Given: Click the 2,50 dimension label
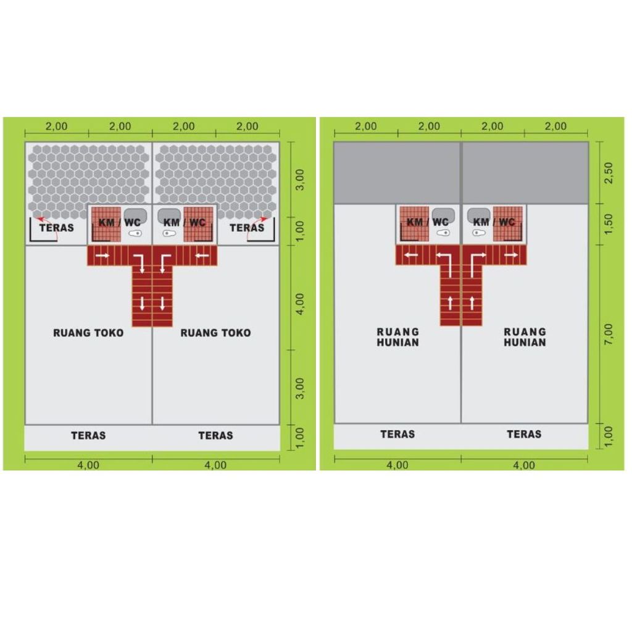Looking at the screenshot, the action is pyautogui.click(x=609, y=173).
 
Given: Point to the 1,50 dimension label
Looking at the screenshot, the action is pyautogui.click(x=609, y=223).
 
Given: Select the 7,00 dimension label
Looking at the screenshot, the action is pyautogui.click(x=609, y=334).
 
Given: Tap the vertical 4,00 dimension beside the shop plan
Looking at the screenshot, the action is pyautogui.click(x=300, y=304).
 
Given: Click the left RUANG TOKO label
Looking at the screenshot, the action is pyautogui.click(x=88, y=333).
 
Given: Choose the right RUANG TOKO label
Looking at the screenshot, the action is pyautogui.click(x=215, y=333).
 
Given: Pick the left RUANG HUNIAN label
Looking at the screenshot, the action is pyautogui.click(x=398, y=338).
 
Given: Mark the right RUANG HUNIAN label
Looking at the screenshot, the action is pyautogui.click(x=525, y=338).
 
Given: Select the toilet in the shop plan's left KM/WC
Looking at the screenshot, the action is pyautogui.click(x=135, y=233).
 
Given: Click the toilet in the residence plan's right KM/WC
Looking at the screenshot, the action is pyautogui.click(x=479, y=233).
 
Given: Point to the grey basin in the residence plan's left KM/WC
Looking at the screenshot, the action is pyautogui.click(x=443, y=215).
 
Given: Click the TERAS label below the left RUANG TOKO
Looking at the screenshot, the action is pyautogui.click(x=88, y=436).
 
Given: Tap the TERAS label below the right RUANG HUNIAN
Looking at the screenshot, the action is pyautogui.click(x=524, y=434).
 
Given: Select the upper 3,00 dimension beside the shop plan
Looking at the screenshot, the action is pyautogui.click(x=300, y=180).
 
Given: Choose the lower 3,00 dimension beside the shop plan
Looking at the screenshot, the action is pyautogui.click(x=300, y=389).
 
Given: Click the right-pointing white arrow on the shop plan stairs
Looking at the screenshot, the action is pyautogui.click(x=102, y=256).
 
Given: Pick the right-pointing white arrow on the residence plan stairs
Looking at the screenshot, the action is pyautogui.click(x=510, y=255).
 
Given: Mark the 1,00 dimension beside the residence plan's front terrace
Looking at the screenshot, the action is pyautogui.click(x=609, y=437).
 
